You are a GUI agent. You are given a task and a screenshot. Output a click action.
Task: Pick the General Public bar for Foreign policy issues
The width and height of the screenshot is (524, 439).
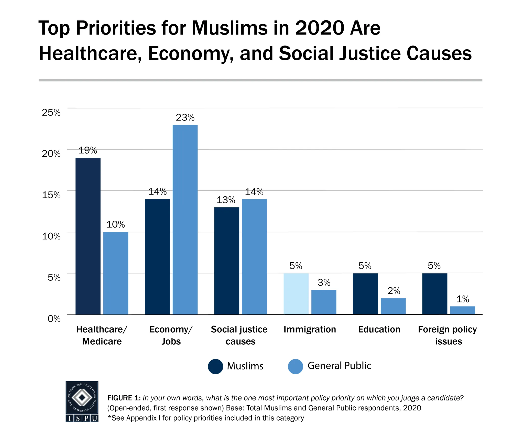(462, 310)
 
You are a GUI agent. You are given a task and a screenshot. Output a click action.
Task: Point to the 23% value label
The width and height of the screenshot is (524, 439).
(185, 117)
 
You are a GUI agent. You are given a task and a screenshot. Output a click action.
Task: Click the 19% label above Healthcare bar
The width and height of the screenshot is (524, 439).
(88, 150)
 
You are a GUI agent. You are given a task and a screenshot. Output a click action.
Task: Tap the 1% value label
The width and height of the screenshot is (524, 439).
(463, 299)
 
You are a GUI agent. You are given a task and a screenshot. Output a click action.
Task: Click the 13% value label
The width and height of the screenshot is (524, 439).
(226, 200)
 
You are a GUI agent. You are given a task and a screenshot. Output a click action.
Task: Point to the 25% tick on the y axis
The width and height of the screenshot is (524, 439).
(51, 112)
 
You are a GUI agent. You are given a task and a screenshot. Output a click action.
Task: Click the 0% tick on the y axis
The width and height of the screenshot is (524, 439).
(54, 319)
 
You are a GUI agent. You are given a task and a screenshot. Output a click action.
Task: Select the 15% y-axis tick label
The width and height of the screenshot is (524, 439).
(51, 195)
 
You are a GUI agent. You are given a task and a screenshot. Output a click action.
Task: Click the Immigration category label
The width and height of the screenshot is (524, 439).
(310, 329)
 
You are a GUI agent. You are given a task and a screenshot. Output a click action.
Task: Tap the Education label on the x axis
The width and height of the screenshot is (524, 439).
(379, 329)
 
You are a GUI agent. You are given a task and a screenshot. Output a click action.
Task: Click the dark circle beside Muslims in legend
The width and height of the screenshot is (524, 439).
(215, 366)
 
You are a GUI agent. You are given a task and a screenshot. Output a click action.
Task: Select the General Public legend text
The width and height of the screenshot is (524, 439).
(339, 366)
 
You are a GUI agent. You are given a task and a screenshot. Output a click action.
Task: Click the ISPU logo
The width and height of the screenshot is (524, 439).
(82, 401)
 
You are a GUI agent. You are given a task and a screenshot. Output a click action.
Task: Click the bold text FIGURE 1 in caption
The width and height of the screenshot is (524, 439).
(124, 398)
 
